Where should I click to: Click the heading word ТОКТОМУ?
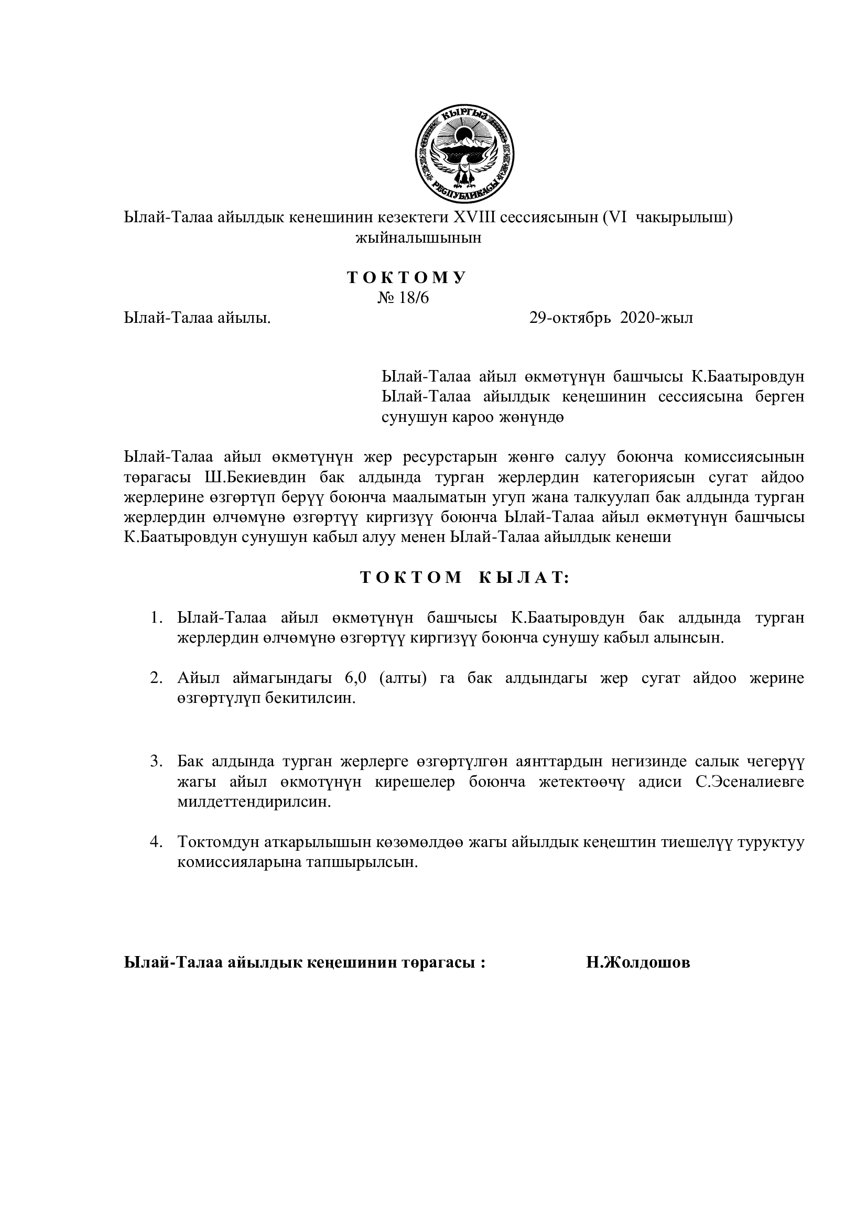[x=407, y=277]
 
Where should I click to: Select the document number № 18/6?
[x=403, y=297]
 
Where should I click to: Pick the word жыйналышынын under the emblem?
[x=418, y=237]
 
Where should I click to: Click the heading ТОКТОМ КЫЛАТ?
[x=465, y=577]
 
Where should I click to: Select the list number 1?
[x=156, y=618]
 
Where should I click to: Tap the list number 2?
[x=156, y=678]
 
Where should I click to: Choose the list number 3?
[x=156, y=761]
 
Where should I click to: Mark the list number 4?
[x=156, y=842]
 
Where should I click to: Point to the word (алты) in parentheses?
[x=403, y=678]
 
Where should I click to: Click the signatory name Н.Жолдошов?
[x=638, y=963]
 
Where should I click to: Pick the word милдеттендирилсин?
[x=254, y=802]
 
